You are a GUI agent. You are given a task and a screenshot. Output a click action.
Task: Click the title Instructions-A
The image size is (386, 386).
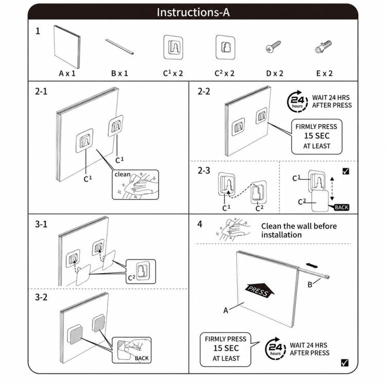click(x=193, y=12)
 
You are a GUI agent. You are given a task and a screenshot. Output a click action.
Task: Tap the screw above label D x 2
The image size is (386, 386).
click(x=273, y=46)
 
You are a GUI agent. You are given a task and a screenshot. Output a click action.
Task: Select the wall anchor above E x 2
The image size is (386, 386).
click(x=323, y=47)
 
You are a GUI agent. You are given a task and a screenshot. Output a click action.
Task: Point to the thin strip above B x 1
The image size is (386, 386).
click(x=119, y=46)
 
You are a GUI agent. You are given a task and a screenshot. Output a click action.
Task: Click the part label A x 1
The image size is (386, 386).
click(x=67, y=74)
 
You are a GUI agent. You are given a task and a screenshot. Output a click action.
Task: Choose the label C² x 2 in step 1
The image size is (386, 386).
click(x=224, y=73)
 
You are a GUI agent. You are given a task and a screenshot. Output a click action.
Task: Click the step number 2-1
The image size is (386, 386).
click(x=41, y=91)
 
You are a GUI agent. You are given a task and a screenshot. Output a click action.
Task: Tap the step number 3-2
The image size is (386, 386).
click(x=41, y=297)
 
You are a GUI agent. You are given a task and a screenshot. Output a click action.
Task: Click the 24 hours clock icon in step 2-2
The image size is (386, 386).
click(x=297, y=101)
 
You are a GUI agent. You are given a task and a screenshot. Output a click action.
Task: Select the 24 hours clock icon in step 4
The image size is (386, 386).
click(x=275, y=349)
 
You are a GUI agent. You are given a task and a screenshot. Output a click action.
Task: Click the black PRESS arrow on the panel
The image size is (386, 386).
click(x=260, y=290)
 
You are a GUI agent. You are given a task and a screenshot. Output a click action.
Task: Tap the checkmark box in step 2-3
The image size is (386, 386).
click(x=346, y=171)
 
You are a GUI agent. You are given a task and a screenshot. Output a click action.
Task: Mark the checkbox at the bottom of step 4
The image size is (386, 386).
click(x=345, y=363)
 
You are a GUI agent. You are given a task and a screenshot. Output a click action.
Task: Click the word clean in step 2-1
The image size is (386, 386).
click(x=122, y=174)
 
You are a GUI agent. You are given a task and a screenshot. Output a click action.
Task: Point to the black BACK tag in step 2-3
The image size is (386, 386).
click(x=341, y=207)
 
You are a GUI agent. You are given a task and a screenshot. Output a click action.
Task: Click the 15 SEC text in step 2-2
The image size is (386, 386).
click(x=317, y=136)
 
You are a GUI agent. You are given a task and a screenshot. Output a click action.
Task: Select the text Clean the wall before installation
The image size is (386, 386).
click(x=299, y=231)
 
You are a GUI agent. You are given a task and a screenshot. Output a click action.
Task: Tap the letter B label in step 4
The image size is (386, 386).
click(x=310, y=285)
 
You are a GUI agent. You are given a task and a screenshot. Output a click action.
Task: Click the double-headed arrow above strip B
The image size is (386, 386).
click(x=312, y=266)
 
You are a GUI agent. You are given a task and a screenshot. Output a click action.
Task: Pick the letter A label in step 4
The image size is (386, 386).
click(x=225, y=310)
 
